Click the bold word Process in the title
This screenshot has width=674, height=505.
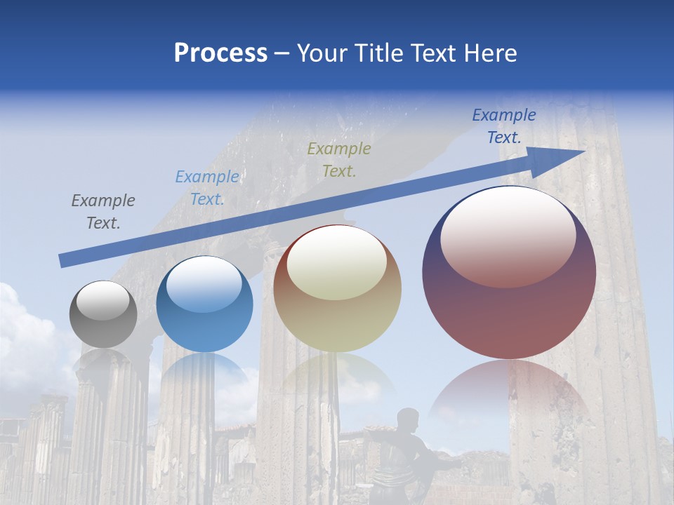click(x=220, y=53)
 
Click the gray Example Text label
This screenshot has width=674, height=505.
click(x=103, y=212)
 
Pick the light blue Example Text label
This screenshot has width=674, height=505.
click(x=207, y=188)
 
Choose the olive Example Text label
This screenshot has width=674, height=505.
click(x=339, y=159)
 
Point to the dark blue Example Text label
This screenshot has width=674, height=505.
click(x=504, y=126)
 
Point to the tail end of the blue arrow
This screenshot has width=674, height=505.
click(x=65, y=260)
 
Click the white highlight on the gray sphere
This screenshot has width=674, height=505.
click(x=103, y=300)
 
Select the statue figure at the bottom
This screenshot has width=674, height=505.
click(x=407, y=456)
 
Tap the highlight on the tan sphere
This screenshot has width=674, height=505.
click(x=337, y=262)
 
